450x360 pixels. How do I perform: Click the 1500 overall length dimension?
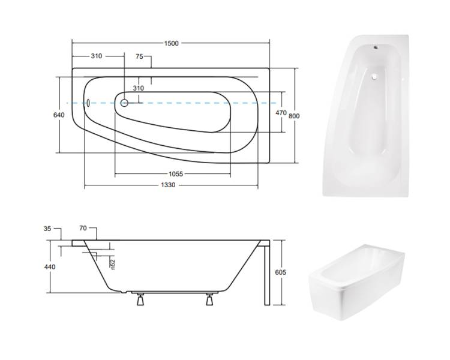point(172,43)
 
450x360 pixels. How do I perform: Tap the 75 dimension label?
point(139,56)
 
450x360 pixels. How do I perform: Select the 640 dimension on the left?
point(59,115)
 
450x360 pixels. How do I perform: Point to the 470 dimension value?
point(281,113)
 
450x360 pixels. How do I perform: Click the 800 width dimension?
point(294,116)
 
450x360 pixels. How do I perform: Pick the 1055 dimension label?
point(176,173)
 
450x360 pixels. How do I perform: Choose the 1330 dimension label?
point(168,185)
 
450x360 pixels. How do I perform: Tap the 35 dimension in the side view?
point(47,229)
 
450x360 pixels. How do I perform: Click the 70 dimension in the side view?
point(83,228)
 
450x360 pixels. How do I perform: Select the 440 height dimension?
point(50,267)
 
